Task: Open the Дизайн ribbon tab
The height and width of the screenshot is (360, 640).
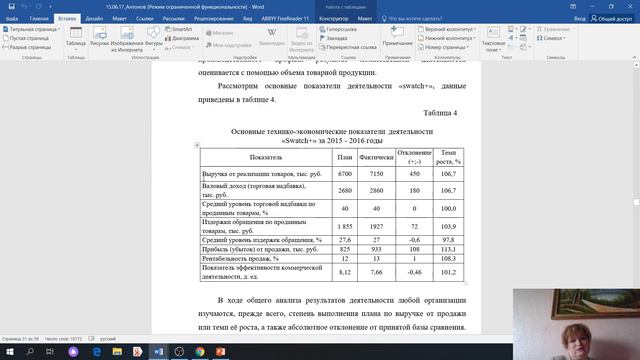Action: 93,18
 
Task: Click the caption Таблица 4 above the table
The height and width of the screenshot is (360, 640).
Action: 440,112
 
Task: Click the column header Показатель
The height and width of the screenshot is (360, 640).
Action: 267,158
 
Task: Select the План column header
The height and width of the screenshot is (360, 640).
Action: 344,158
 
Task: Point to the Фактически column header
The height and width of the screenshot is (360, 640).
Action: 377,158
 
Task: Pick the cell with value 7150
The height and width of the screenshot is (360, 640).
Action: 377,174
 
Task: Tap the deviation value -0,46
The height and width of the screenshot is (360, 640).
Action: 413,271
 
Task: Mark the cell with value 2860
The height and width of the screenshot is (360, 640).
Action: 377,190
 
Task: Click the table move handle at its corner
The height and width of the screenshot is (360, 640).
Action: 196,146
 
